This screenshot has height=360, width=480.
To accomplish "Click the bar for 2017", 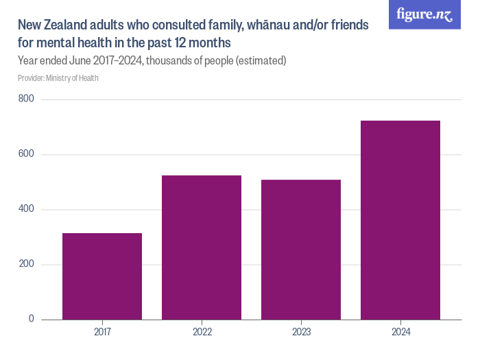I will (x=102, y=276).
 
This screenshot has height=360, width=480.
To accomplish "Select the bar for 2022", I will (x=202, y=248).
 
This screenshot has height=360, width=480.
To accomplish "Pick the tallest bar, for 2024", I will (x=400, y=220).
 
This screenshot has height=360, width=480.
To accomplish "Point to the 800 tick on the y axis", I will (x=27, y=99).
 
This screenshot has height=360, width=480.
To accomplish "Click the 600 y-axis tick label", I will (x=27, y=154).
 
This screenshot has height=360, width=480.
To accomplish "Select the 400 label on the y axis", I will (x=27, y=209).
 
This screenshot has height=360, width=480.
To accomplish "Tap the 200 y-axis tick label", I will (x=27, y=264).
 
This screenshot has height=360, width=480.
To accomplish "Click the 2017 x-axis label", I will (x=102, y=333).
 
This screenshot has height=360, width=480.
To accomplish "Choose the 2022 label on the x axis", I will (x=202, y=333).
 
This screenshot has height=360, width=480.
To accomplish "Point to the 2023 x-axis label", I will (x=301, y=333).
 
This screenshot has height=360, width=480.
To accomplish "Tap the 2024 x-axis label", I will (x=400, y=333).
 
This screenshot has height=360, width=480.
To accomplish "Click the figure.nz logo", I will (x=424, y=15).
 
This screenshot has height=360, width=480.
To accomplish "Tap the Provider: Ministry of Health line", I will (x=58, y=78).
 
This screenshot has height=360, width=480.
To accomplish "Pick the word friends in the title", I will (x=348, y=26).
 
